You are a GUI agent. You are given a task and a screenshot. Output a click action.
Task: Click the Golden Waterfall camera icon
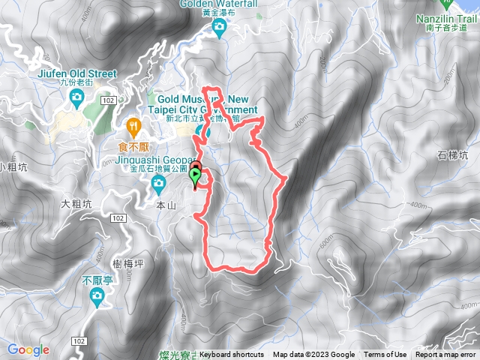coord(219,29)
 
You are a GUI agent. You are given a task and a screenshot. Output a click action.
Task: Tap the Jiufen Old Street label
coord(76,73)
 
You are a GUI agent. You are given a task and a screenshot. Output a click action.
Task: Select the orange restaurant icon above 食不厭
coord(135,124)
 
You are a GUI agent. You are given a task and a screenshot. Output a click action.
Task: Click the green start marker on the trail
coord(196,178)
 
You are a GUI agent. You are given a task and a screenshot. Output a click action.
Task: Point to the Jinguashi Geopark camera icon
coord(157,181)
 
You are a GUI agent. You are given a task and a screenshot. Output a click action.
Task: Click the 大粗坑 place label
coord(76,203)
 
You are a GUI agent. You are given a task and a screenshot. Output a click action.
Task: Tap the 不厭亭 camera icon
coord(97,296)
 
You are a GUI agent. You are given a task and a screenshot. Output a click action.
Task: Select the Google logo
coord(28,349)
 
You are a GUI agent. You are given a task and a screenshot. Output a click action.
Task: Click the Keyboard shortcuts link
coord(232,355)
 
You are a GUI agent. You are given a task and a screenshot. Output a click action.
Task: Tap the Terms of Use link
coord(385,355)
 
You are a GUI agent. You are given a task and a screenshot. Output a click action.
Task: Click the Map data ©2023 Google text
coord(313,355)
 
